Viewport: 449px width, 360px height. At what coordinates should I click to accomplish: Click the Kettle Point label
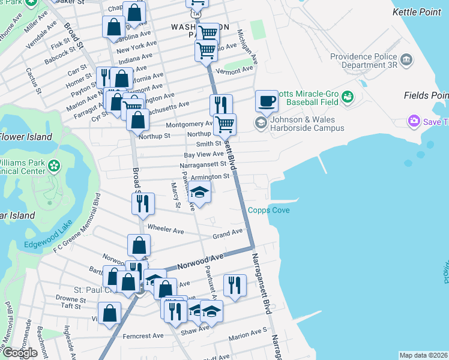pyautogui.click(x=420, y=11)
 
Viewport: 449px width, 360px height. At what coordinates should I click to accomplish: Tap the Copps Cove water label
pyautogui.click(x=269, y=210)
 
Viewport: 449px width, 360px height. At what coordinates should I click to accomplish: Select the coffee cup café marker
pyautogui.click(x=267, y=101)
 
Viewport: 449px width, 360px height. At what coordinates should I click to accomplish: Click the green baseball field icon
pyautogui.click(x=348, y=98)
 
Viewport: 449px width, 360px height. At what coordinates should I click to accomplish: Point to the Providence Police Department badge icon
pyautogui.click(x=406, y=59)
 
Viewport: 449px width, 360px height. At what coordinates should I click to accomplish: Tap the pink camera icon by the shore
pyautogui.click(x=414, y=122)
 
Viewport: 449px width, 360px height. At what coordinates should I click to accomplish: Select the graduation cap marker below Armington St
pyautogui.click(x=200, y=193)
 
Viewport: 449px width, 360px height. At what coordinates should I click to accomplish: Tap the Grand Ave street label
pyautogui.click(x=228, y=233)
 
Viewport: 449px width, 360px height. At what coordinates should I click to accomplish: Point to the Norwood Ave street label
pyautogui.click(x=200, y=261)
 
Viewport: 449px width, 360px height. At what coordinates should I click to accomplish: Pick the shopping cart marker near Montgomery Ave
pyautogui.click(x=225, y=124)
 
